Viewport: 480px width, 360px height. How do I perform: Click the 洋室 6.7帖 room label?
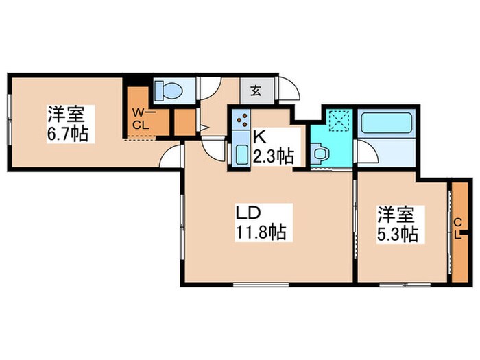click(x=67, y=123)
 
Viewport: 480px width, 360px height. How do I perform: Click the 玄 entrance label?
click(x=254, y=90)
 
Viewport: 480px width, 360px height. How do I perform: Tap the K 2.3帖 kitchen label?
click(x=272, y=145)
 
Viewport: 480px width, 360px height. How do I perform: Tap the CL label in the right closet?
click(x=458, y=228)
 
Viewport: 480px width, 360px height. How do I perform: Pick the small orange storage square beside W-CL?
click(x=183, y=122)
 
